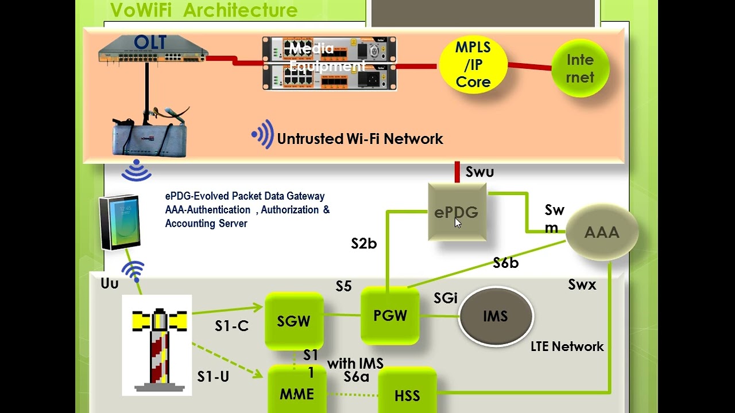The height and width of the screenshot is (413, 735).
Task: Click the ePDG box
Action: (457, 212)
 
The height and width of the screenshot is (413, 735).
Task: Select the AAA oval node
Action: (602, 232)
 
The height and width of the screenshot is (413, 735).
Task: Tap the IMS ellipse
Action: (496, 317)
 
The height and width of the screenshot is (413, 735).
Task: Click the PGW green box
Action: (390, 315)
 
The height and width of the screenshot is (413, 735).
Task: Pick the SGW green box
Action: (293, 321)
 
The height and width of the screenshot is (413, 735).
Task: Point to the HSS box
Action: (407, 395)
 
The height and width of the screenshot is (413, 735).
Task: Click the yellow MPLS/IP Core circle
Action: (473, 65)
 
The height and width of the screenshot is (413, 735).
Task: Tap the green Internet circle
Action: (580, 69)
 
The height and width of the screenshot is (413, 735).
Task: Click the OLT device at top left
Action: (152, 49)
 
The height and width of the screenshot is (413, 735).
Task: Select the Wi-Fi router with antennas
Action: (150, 135)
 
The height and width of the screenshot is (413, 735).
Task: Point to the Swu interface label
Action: (479, 172)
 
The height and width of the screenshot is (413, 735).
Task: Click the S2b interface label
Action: (364, 244)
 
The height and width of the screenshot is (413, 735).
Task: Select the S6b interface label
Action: (505, 263)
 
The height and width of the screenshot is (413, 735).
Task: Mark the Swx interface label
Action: (582, 285)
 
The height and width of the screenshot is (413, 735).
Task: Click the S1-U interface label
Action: (213, 376)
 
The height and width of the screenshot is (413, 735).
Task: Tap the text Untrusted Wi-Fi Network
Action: (359, 139)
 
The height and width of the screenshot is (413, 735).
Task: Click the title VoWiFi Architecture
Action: (204, 10)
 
